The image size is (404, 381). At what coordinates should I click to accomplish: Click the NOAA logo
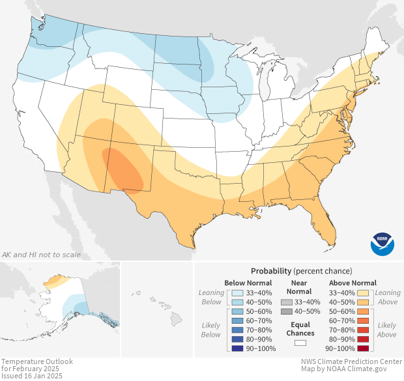point(382,243)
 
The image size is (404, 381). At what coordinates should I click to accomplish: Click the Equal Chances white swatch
point(300,343)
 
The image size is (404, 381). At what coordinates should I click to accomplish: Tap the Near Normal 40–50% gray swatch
point(287,311)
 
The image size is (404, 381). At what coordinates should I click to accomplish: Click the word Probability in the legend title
point(271,270)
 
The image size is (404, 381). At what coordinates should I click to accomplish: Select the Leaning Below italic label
point(211,297)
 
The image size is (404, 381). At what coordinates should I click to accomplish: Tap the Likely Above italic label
point(386,330)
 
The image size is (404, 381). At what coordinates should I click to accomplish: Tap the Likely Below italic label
point(211,330)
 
